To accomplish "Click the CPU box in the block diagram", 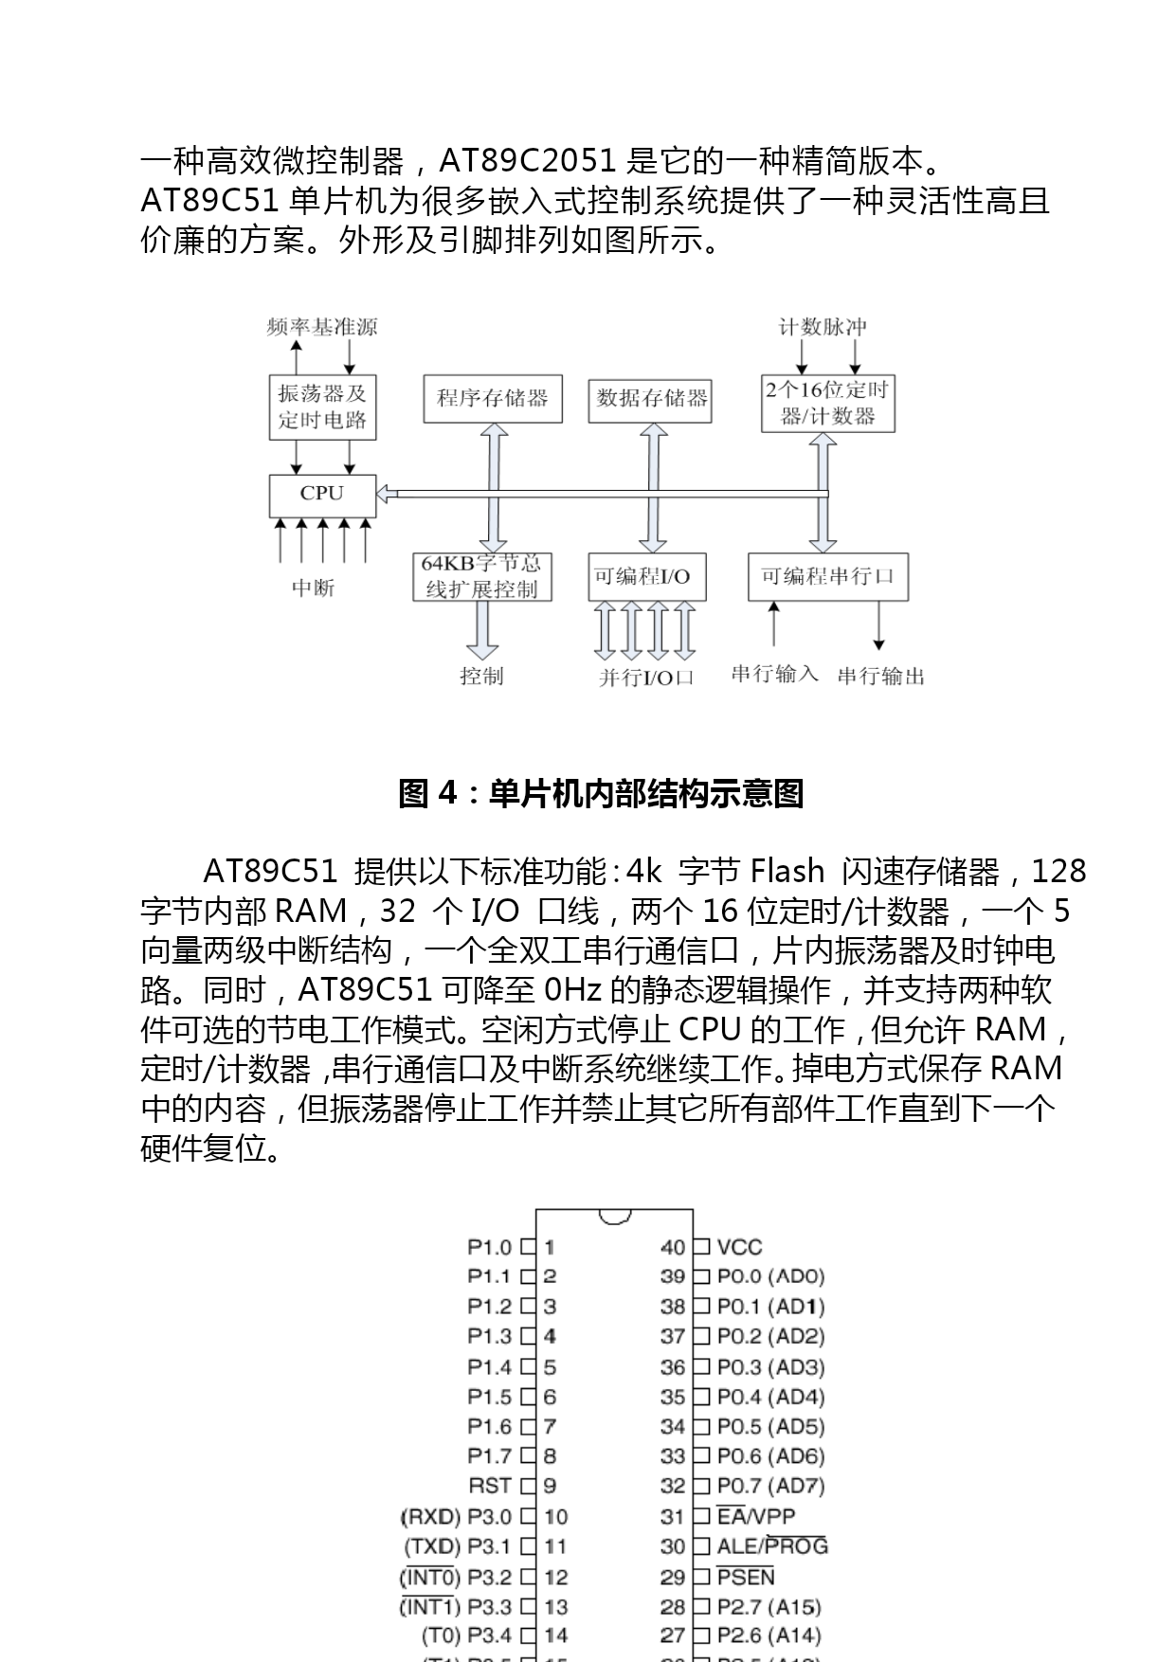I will (x=322, y=495).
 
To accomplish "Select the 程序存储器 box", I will (x=492, y=399).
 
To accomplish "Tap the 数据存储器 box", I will (x=650, y=399).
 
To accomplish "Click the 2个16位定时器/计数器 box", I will (x=827, y=403).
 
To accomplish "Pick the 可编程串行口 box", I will (x=827, y=577).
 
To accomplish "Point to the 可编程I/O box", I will (x=646, y=577).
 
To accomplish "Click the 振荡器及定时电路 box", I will (x=322, y=407).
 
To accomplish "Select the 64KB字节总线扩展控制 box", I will (x=481, y=577).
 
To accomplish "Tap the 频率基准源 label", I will (x=322, y=328).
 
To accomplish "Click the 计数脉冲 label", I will (x=823, y=328).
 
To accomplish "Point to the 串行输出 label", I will (x=880, y=677).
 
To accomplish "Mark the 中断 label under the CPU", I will (x=313, y=588).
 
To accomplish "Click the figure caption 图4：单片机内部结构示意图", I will (x=601, y=793).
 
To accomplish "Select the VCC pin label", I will (x=739, y=1248).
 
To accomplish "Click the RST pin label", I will (x=490, y=1486).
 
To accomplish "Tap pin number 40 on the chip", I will (x=673, y=1248).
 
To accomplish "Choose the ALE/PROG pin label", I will (x=772, y=1546).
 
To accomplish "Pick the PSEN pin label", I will (x=746, y=1577).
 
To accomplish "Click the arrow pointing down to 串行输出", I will (x=879, y=626).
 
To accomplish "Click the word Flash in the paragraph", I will (x=787, y=871).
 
